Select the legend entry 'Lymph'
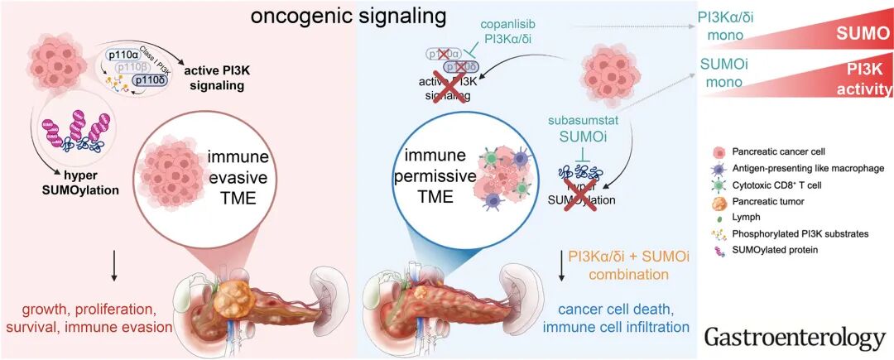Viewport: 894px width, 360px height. click(x=748, y=218)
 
